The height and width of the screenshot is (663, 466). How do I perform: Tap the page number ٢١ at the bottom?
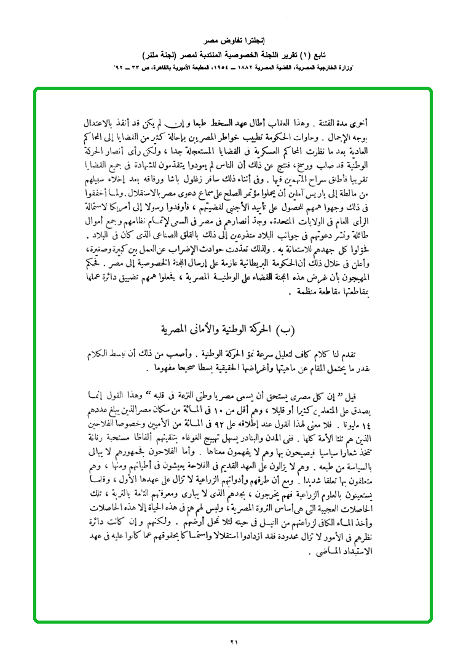pyautogui.click(x=234, y=642)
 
